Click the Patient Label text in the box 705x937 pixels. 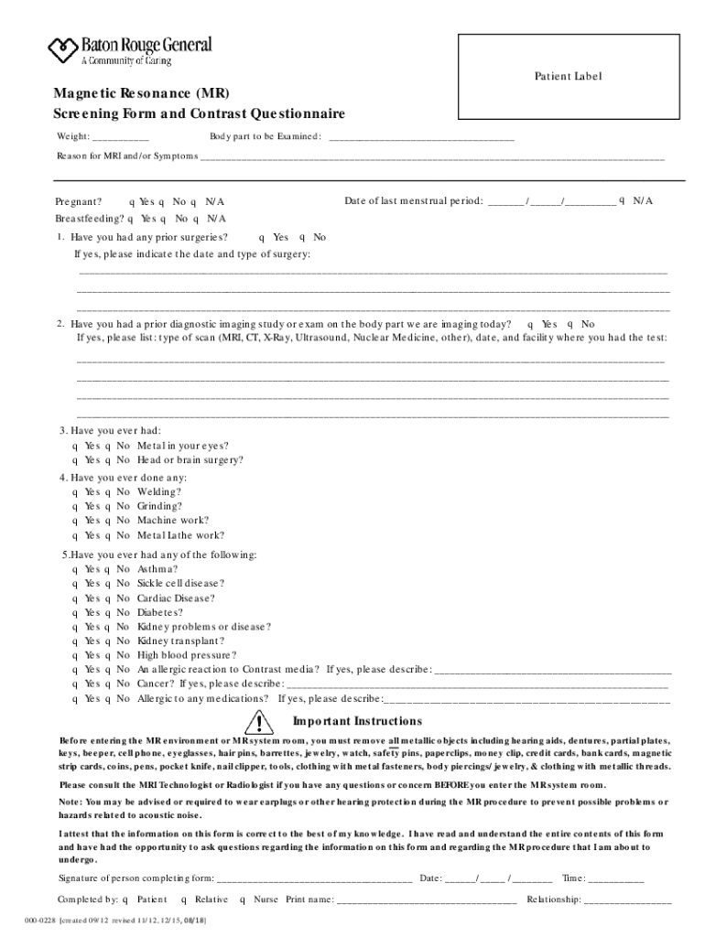coord(568,77)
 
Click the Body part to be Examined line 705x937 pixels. coord(421,137)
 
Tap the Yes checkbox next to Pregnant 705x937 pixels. coord(132,201)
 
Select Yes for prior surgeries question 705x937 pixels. coord(263,237)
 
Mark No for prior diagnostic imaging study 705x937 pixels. coord(571,324)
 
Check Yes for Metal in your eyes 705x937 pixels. coord(75,446)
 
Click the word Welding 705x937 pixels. coord(159,491)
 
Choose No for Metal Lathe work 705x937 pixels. coord(108,535)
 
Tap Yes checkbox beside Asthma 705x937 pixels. coord(75,568)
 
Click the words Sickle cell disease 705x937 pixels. coord(180,583)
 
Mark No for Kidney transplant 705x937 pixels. coord(108,641)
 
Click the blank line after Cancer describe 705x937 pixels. coord(476,684)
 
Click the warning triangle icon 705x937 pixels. coord(260,722)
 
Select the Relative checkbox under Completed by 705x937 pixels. coord(185,899)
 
